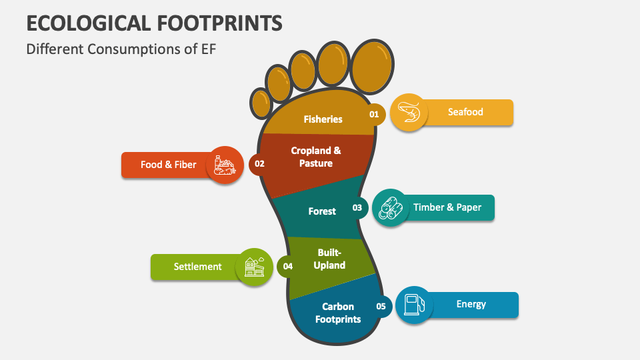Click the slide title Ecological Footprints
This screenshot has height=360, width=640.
(154, 23)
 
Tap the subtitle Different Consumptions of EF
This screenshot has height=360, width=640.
(121, 49)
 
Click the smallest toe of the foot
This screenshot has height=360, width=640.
(260, 103)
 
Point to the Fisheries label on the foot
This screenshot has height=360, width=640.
(323, 119)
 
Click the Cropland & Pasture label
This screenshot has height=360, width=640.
(316, 157)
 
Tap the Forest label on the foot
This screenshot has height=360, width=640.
(322, 211)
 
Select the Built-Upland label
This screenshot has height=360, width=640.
(329, 259)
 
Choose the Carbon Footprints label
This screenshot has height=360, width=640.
(341, 313)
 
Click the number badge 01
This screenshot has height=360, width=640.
(374, 114)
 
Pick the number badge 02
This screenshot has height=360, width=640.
(259, 163)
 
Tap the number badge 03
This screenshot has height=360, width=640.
(357, 207)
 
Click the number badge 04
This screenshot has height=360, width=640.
(287, 266)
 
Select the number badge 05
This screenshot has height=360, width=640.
(381, 307)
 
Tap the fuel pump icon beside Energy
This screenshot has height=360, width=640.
(413, 305)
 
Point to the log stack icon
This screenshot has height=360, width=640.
(390, 207)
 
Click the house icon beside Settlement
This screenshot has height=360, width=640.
(254, 267)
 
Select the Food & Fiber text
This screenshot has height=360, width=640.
(168, 165)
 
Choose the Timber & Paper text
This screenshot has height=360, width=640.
(447, 207)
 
